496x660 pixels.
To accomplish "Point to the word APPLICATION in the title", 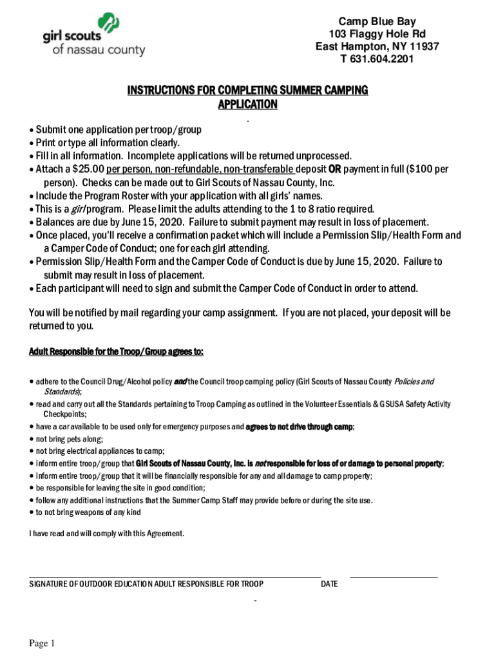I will tap(247, 104).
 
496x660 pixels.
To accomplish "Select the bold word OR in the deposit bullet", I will tap(335, 169).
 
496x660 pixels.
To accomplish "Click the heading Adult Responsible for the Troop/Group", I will tap(116, 351).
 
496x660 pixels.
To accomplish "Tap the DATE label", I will tap(329, 584).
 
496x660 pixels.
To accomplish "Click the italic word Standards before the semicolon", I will tap(61, 391).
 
